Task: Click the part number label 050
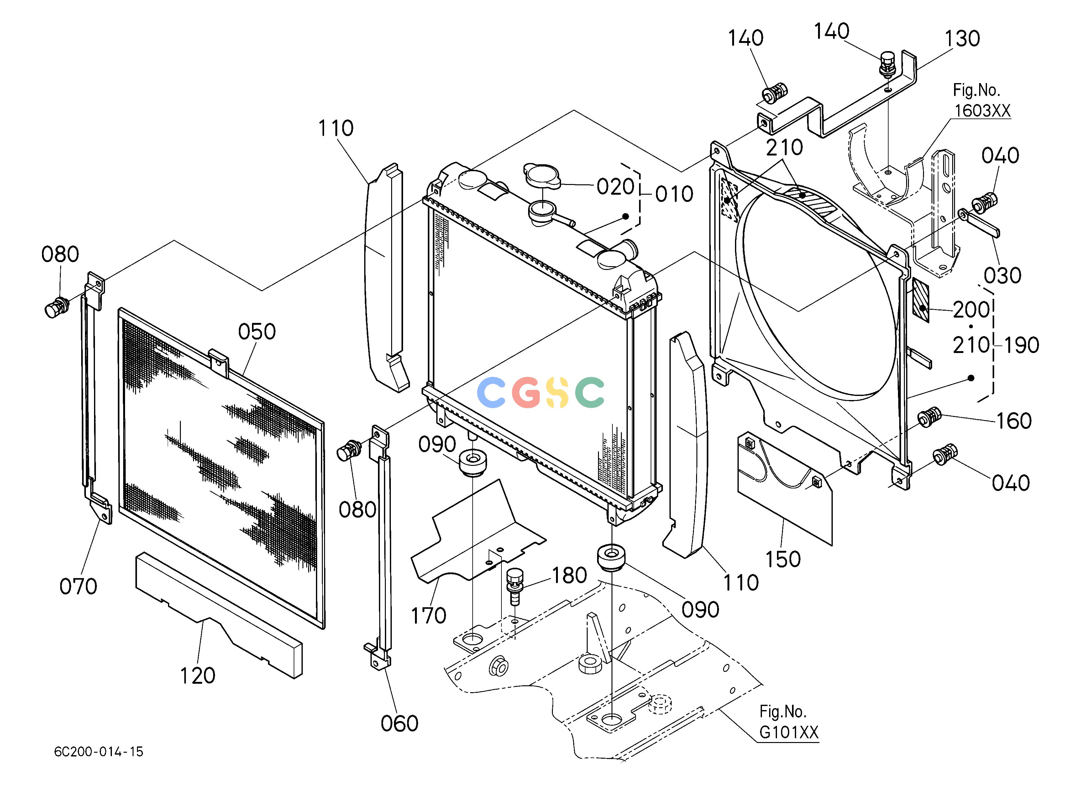click(x=257, y=332)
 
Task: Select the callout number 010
click(x=674, y=194)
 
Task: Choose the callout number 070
click(x=78, y=586)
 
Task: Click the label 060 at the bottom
click(x=399, y=724)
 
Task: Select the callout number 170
click(x=428, y=616)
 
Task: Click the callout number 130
click(x=962, y=39)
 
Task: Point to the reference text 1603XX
click(x=982, y=111)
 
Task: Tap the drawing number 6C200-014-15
click(x=99, y=752)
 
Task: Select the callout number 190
click(x=1021, y=345)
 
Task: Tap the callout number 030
click(x=1002, y=276)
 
